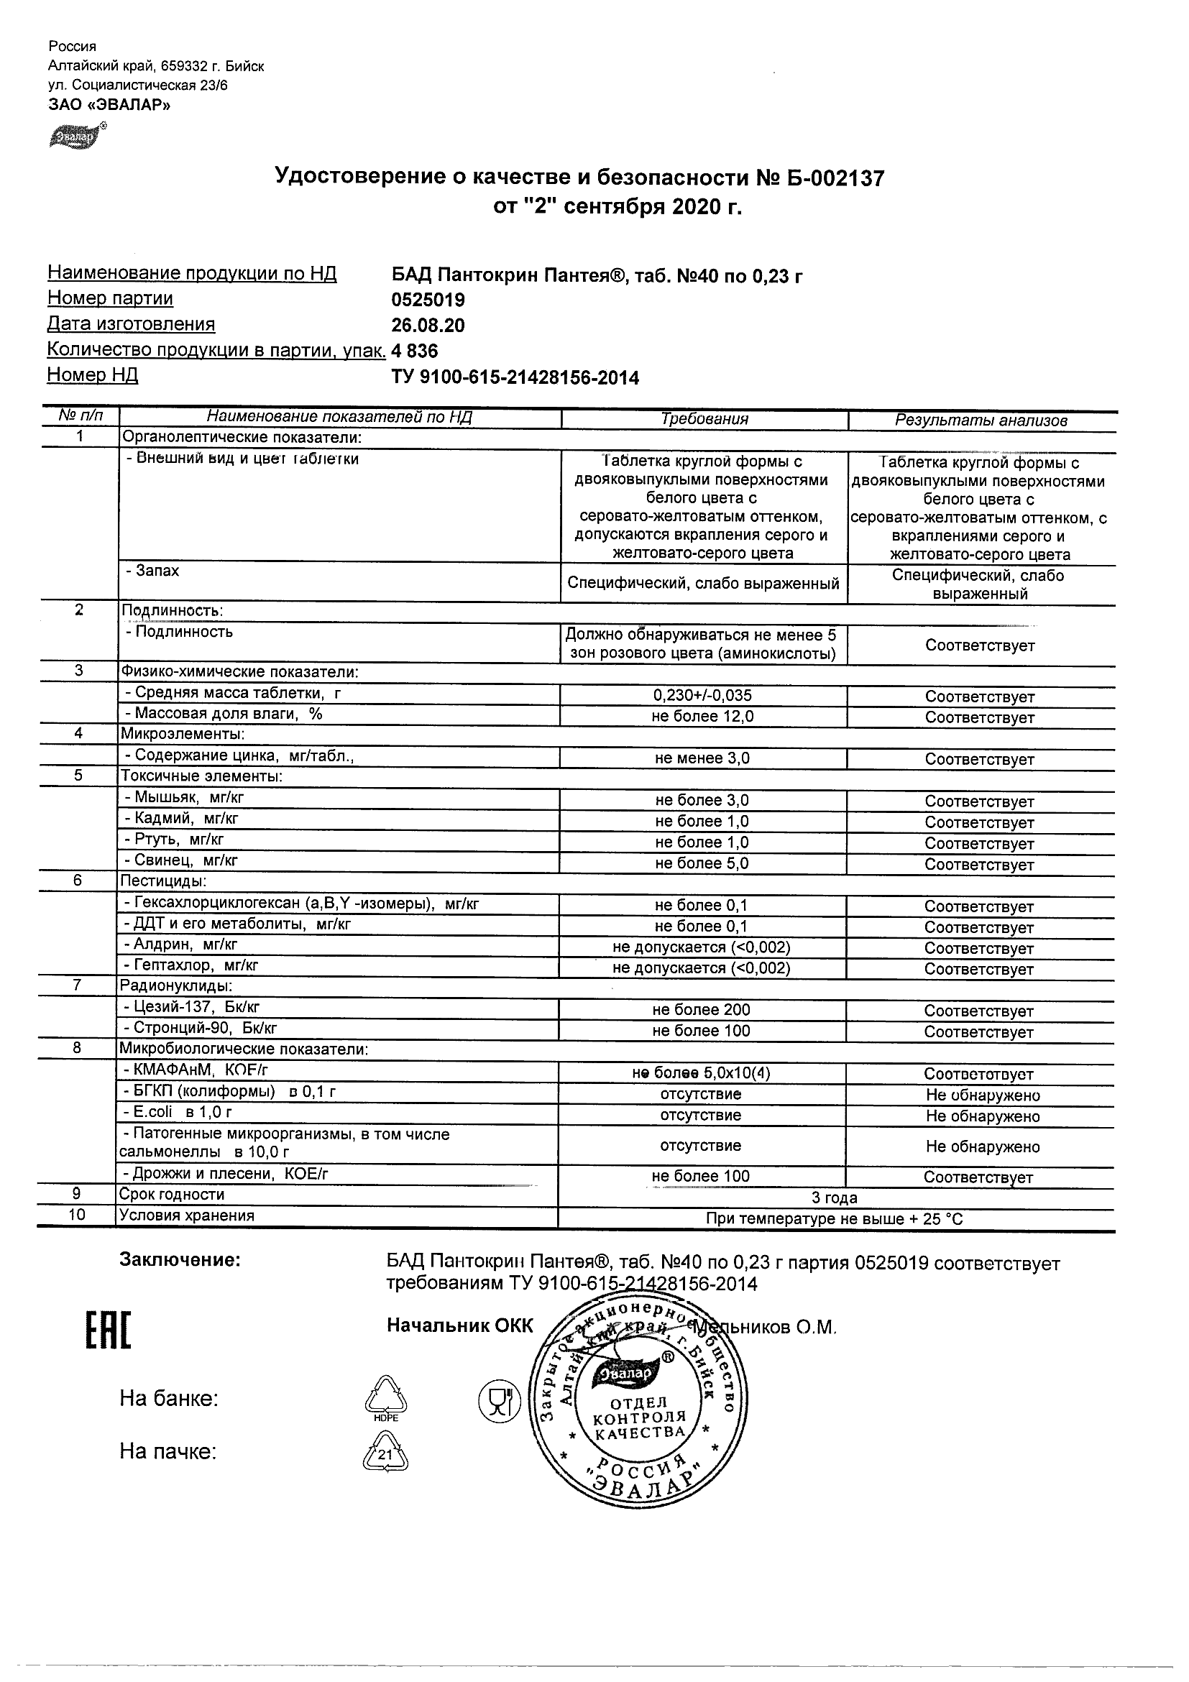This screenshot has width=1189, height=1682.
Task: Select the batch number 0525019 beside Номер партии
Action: tap(428, 300)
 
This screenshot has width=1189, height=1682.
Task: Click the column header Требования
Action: tap(704, 419)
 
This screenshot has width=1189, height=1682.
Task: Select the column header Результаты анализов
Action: tap(981, 420)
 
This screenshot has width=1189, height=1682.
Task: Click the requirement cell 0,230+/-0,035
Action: tap(702, 695)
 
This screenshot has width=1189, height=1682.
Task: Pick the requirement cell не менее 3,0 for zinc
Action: tap(702, 758)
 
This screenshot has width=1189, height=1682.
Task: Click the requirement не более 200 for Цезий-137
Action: tap(701, 1009)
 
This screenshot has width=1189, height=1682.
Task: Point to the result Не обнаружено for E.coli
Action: tap(983, 1116)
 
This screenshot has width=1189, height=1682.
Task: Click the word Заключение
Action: tap(180, 1260)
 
